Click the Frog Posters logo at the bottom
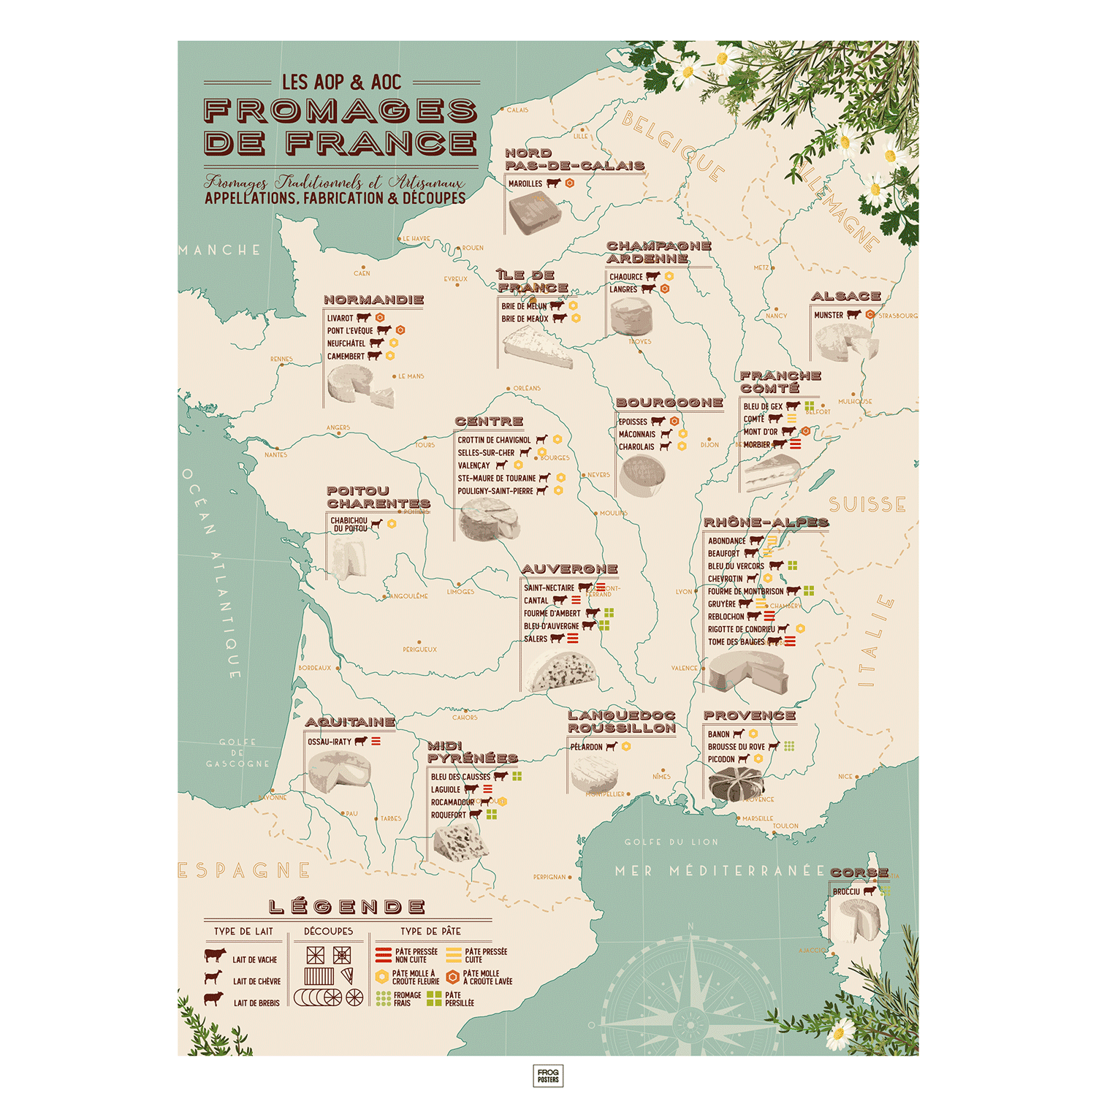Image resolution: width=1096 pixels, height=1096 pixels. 548,1076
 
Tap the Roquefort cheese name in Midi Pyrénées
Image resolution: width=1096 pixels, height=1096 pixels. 448,815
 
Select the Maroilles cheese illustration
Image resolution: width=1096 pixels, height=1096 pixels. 535,214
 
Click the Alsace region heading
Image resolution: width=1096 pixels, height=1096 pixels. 845,296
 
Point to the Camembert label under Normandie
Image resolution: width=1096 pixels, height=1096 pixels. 346,357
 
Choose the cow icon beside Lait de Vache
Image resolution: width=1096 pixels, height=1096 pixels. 215,956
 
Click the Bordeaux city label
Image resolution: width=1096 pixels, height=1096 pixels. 315,668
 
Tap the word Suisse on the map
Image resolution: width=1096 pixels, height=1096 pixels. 867,505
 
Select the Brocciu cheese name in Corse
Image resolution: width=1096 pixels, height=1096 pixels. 846,891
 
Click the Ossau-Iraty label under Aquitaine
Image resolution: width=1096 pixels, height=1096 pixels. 330,742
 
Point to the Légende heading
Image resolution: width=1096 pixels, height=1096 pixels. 347,907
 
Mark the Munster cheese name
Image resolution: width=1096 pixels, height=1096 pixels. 829,315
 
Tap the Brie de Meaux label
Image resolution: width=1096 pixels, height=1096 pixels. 525,319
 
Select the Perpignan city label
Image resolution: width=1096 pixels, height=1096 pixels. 549,877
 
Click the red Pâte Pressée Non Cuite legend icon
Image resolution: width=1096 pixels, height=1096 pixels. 383,955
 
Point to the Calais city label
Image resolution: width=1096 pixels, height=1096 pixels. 517,110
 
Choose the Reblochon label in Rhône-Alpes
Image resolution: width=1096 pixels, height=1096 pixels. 726,617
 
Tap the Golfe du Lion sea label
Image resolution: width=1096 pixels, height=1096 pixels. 671,842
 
